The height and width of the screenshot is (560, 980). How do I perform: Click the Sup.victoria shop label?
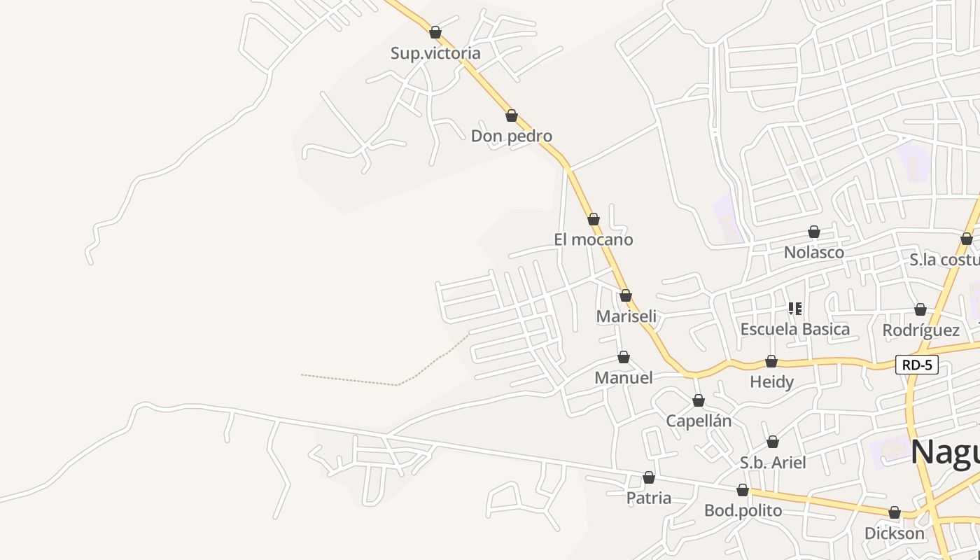tap(435, 53)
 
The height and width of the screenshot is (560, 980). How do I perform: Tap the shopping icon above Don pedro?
tap(512, 115)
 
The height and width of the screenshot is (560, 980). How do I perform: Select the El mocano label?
tap(593, 239)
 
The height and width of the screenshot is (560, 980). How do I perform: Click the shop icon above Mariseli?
tap(626, 295)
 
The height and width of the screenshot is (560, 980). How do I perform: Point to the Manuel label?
tap(623, 378)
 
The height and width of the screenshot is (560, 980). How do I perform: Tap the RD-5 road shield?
tap(916, 365)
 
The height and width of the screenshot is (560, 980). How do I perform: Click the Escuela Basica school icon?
tap(794, 308)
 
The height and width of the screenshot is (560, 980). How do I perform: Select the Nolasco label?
tap(813, 252)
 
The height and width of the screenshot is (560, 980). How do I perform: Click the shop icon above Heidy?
tap(771, 361)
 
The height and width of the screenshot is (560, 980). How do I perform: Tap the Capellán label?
tap(698, 421)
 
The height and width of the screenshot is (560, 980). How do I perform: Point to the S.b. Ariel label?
tap(773, 463)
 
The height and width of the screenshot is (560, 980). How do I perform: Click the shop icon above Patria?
tap(649, 477)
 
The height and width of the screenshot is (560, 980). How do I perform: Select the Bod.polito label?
tap(743, 511)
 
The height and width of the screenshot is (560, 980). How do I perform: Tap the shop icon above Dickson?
tap(895, 512)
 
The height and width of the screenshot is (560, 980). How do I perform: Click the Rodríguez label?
tap(920, 330)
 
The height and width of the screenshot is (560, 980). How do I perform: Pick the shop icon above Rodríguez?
tap(920, 309)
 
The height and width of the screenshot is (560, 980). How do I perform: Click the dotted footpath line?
tap(420, 371)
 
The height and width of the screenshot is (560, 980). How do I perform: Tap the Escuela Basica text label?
tap(794, 329)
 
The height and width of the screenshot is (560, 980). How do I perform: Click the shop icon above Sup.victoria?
tap(435, 32)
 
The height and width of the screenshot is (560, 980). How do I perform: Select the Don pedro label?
tap(511, 136)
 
